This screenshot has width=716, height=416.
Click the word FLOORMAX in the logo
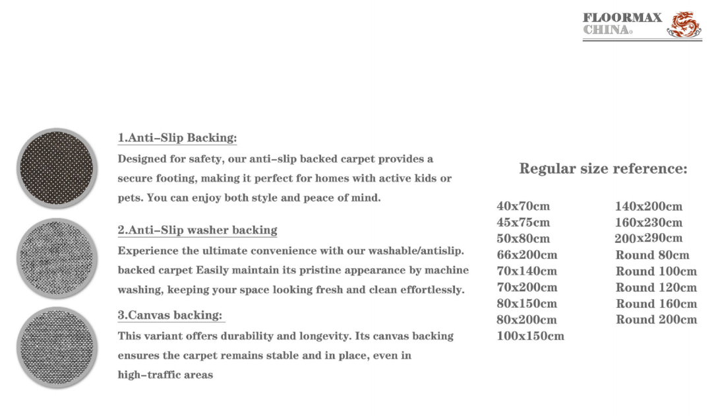pyautogui.click(x=622, y=18)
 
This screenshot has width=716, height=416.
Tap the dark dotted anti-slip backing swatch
pyautogui.click(x=57, y=168)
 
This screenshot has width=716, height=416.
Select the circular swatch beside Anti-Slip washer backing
pyautogui.click(x=57, y=258)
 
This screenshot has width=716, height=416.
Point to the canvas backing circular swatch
pyautogui.click(x=57, y=347)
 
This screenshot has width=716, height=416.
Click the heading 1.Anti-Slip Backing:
pyautogui.click(x=177, y=138)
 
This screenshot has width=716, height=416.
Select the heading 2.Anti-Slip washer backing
pyautogui.click(x=197, y=230)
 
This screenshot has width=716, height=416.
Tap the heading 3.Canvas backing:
pyautogui.click(x=170, y=316)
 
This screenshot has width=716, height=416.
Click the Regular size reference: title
pyautogui.click(x=603, y=168)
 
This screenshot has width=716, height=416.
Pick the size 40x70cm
pyautogui.click(x=523, y=206)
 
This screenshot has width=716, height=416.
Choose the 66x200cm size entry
pyautogui.click(x=527, y=255)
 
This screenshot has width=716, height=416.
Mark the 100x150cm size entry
pyautogui.click(x=530, y=336)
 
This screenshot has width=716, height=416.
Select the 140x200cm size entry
pyautogui.click(x=648, y=207)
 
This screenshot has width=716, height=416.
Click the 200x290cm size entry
pyautogui.click(x=648, y=238)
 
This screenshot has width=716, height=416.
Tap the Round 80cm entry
pyautogui.click(x=652, y=255)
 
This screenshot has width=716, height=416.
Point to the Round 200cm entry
pyautogui.click(x=656, y=320)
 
